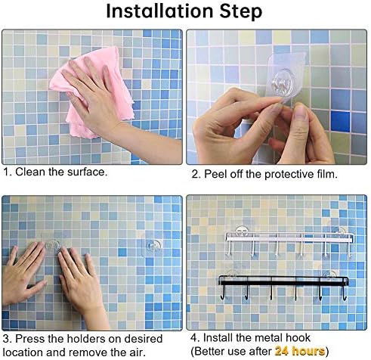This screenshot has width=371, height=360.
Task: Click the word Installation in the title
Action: [159, 11]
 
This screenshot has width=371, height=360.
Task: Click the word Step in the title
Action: [241, 12]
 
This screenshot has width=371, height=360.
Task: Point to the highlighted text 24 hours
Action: [300, 351]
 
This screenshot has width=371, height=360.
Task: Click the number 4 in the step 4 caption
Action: [193, 338]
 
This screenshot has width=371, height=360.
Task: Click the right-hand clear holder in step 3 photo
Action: [153, 245]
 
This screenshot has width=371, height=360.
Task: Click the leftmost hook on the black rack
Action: [222, 293]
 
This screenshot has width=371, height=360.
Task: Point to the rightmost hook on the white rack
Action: [350, 250]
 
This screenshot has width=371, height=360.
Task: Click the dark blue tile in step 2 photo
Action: [340, 122]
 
